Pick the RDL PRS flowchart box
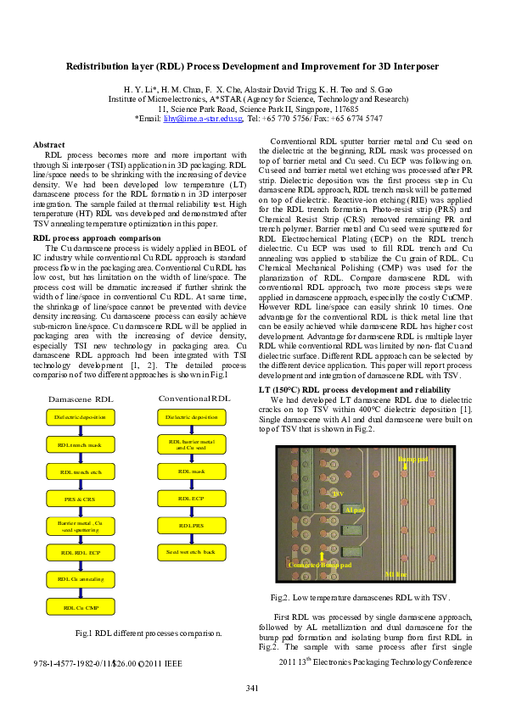(x=192, y=526)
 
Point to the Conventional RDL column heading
(x=194, y=398)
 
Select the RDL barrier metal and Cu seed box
(x=192, y=443)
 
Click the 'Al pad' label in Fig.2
(x=355, y=510)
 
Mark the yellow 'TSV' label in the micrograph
(x=338, y=493)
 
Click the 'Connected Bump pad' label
(x=319, y=565)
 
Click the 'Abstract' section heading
(x=48, y=146)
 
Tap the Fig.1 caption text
(x=149, y=633)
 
